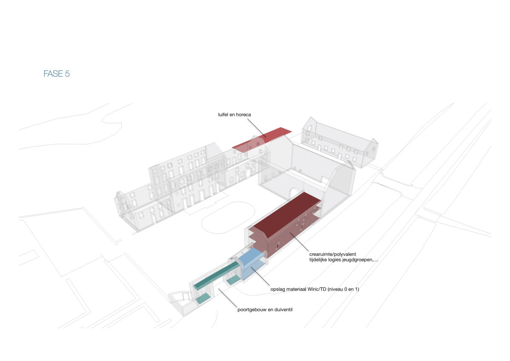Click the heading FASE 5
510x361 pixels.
point(57,74)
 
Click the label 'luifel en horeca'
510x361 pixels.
point(234,115)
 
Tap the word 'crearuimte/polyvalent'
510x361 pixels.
point(332,254)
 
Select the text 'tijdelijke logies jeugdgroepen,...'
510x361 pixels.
point(343,260)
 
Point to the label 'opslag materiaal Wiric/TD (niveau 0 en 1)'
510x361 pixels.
point(314,289)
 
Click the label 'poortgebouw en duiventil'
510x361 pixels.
point(265,309)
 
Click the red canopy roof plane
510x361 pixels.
point(262,140)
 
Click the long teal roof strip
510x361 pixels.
point(216,275)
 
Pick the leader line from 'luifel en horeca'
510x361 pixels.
point(257,128)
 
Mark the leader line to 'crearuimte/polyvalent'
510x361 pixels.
point(299,241)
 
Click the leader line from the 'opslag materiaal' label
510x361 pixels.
point(261,277)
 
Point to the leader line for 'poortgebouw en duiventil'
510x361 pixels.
point(228,298)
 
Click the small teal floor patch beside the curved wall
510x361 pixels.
point(203,298)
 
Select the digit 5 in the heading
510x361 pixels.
point(67,74)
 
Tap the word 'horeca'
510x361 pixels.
point(243,115)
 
